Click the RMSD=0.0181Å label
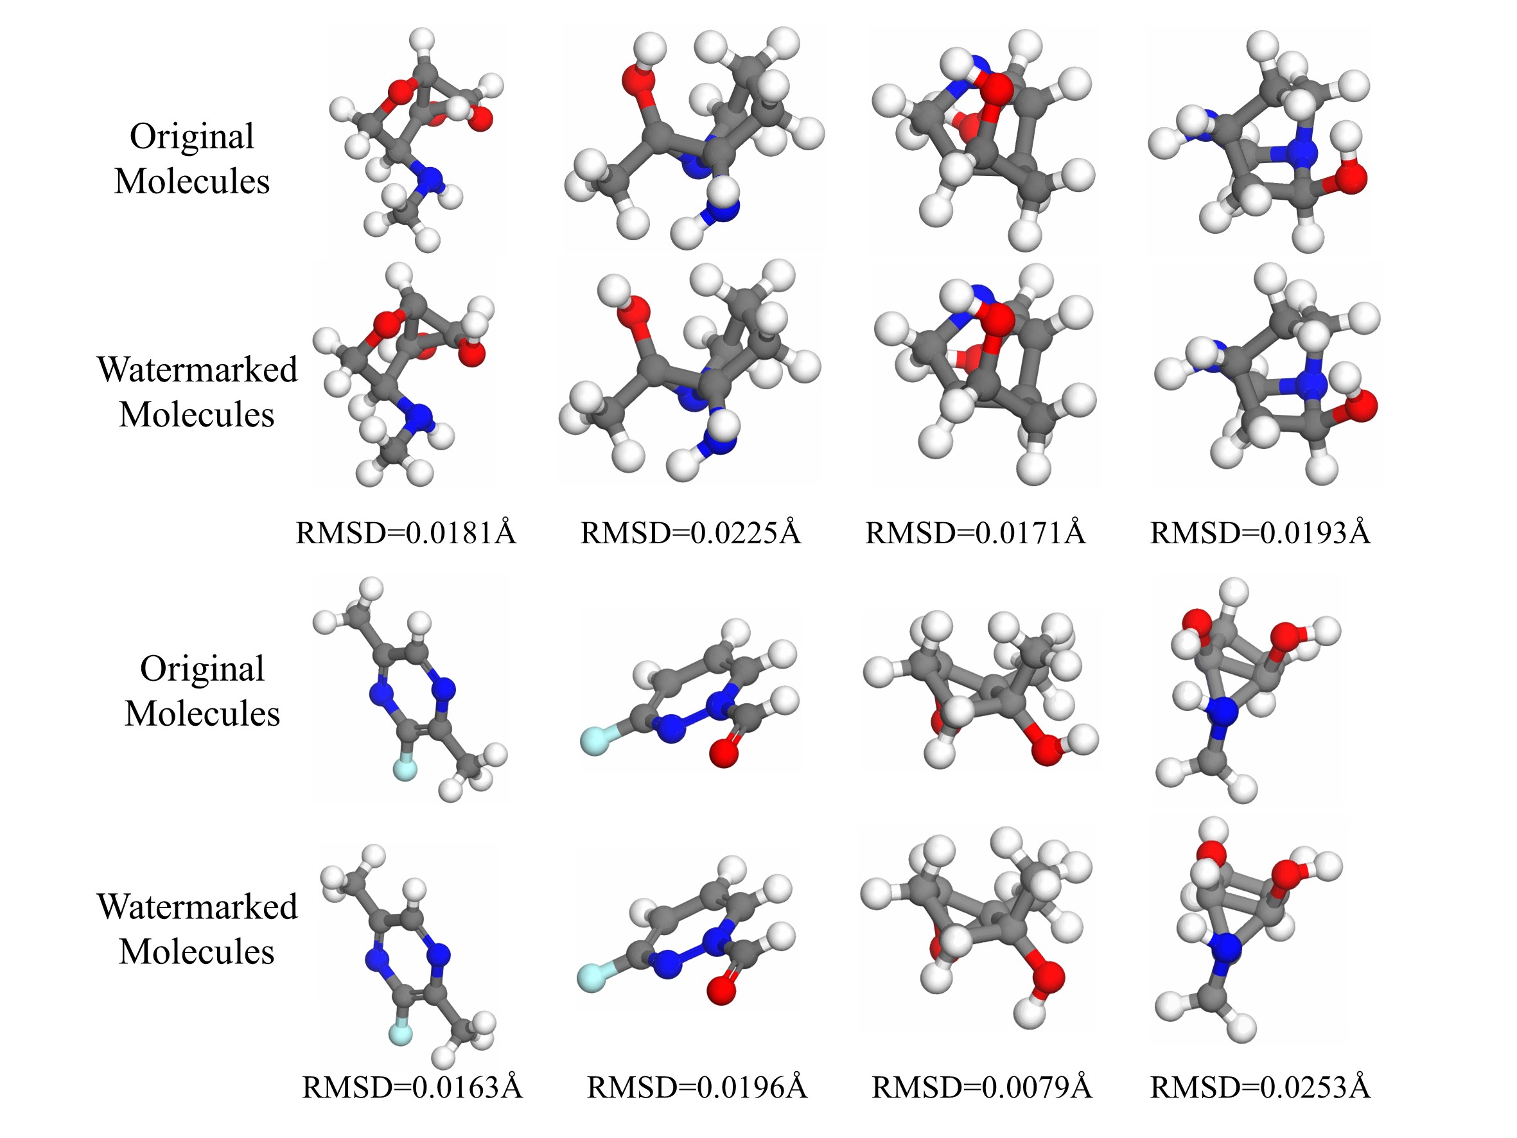(405, 533)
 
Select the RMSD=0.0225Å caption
(690, 533)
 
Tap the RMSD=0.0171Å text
(974, 533)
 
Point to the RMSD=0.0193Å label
(1260, 533)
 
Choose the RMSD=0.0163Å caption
(412, 1087)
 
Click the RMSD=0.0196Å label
(697, 1087)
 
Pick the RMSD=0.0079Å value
(981, 1087)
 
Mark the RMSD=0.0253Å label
(1260, 1087)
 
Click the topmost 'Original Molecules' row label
(192, 159)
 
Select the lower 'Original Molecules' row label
(202, 691)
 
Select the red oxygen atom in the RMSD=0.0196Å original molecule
(724, 753)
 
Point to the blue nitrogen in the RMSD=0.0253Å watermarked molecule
(1224, 950)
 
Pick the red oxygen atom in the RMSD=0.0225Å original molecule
(638, 79)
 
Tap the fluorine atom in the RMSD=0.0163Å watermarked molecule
(401, 1033)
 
